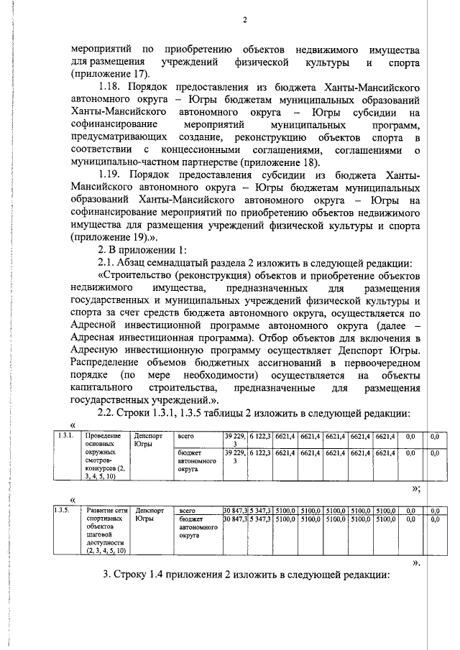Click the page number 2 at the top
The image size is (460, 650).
pos(244,19)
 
